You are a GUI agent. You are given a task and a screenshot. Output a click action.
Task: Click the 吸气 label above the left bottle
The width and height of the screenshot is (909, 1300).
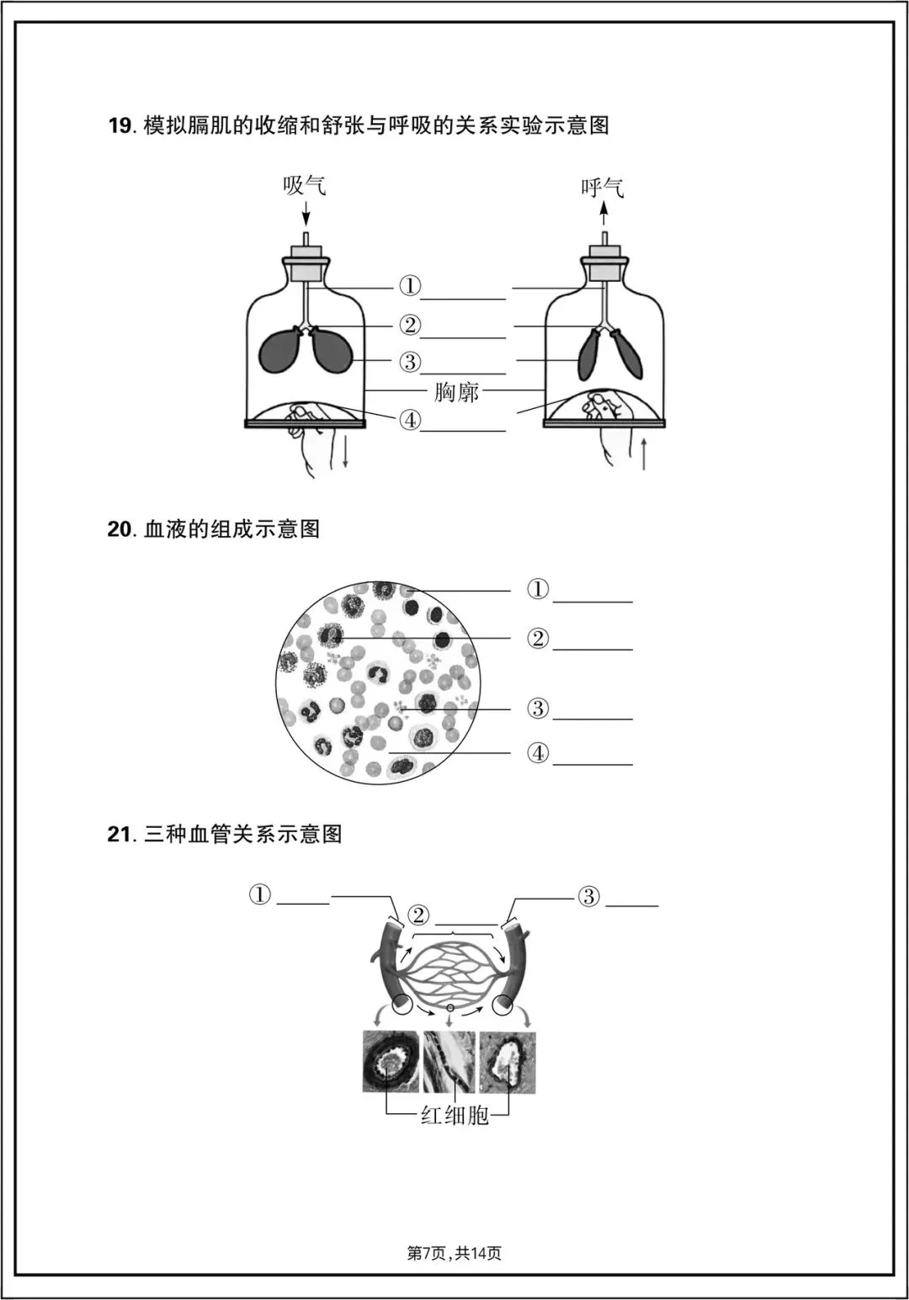304,185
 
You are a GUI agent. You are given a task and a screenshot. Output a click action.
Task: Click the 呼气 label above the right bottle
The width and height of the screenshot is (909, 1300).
603,187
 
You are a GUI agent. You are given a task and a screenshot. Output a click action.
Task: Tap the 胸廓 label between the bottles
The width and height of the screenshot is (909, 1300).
456,391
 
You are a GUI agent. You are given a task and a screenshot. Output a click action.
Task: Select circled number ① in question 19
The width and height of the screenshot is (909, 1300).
410,286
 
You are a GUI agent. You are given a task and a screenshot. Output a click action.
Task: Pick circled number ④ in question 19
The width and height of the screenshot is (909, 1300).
410,419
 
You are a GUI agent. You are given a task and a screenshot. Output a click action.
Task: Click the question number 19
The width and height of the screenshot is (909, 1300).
120,126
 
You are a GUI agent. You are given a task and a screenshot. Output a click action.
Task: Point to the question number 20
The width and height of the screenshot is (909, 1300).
120,529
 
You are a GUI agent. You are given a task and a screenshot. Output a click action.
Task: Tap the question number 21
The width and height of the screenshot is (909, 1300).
120,835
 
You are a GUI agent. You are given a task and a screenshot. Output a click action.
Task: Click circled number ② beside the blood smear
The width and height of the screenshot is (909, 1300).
538,639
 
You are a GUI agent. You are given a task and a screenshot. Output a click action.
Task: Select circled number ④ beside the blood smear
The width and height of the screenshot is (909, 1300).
538,753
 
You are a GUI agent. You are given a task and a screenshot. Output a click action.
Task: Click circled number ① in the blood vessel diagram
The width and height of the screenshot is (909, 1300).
260,894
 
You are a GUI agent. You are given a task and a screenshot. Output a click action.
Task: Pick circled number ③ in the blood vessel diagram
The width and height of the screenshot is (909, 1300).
588,896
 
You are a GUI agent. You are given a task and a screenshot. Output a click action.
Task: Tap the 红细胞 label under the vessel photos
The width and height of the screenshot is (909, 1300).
455,1116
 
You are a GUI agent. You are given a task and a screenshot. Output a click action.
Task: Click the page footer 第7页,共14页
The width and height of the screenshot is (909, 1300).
454,1253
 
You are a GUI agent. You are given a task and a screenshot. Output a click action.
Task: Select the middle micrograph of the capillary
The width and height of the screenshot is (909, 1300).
449,1061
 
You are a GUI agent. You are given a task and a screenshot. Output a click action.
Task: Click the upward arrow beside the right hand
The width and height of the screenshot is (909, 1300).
644,454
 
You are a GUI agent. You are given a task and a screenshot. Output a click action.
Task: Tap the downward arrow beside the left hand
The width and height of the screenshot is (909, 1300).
346,454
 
